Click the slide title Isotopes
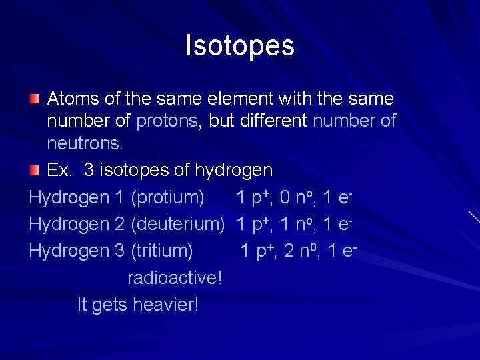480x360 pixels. (240, 46)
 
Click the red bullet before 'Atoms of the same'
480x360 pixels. (34, 99)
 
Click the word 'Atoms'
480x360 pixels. (73, 99)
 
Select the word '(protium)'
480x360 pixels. (167, 198)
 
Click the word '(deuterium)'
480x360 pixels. (178, 225)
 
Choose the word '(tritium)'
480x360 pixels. (162, 251)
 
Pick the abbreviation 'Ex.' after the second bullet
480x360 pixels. (60, 171)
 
